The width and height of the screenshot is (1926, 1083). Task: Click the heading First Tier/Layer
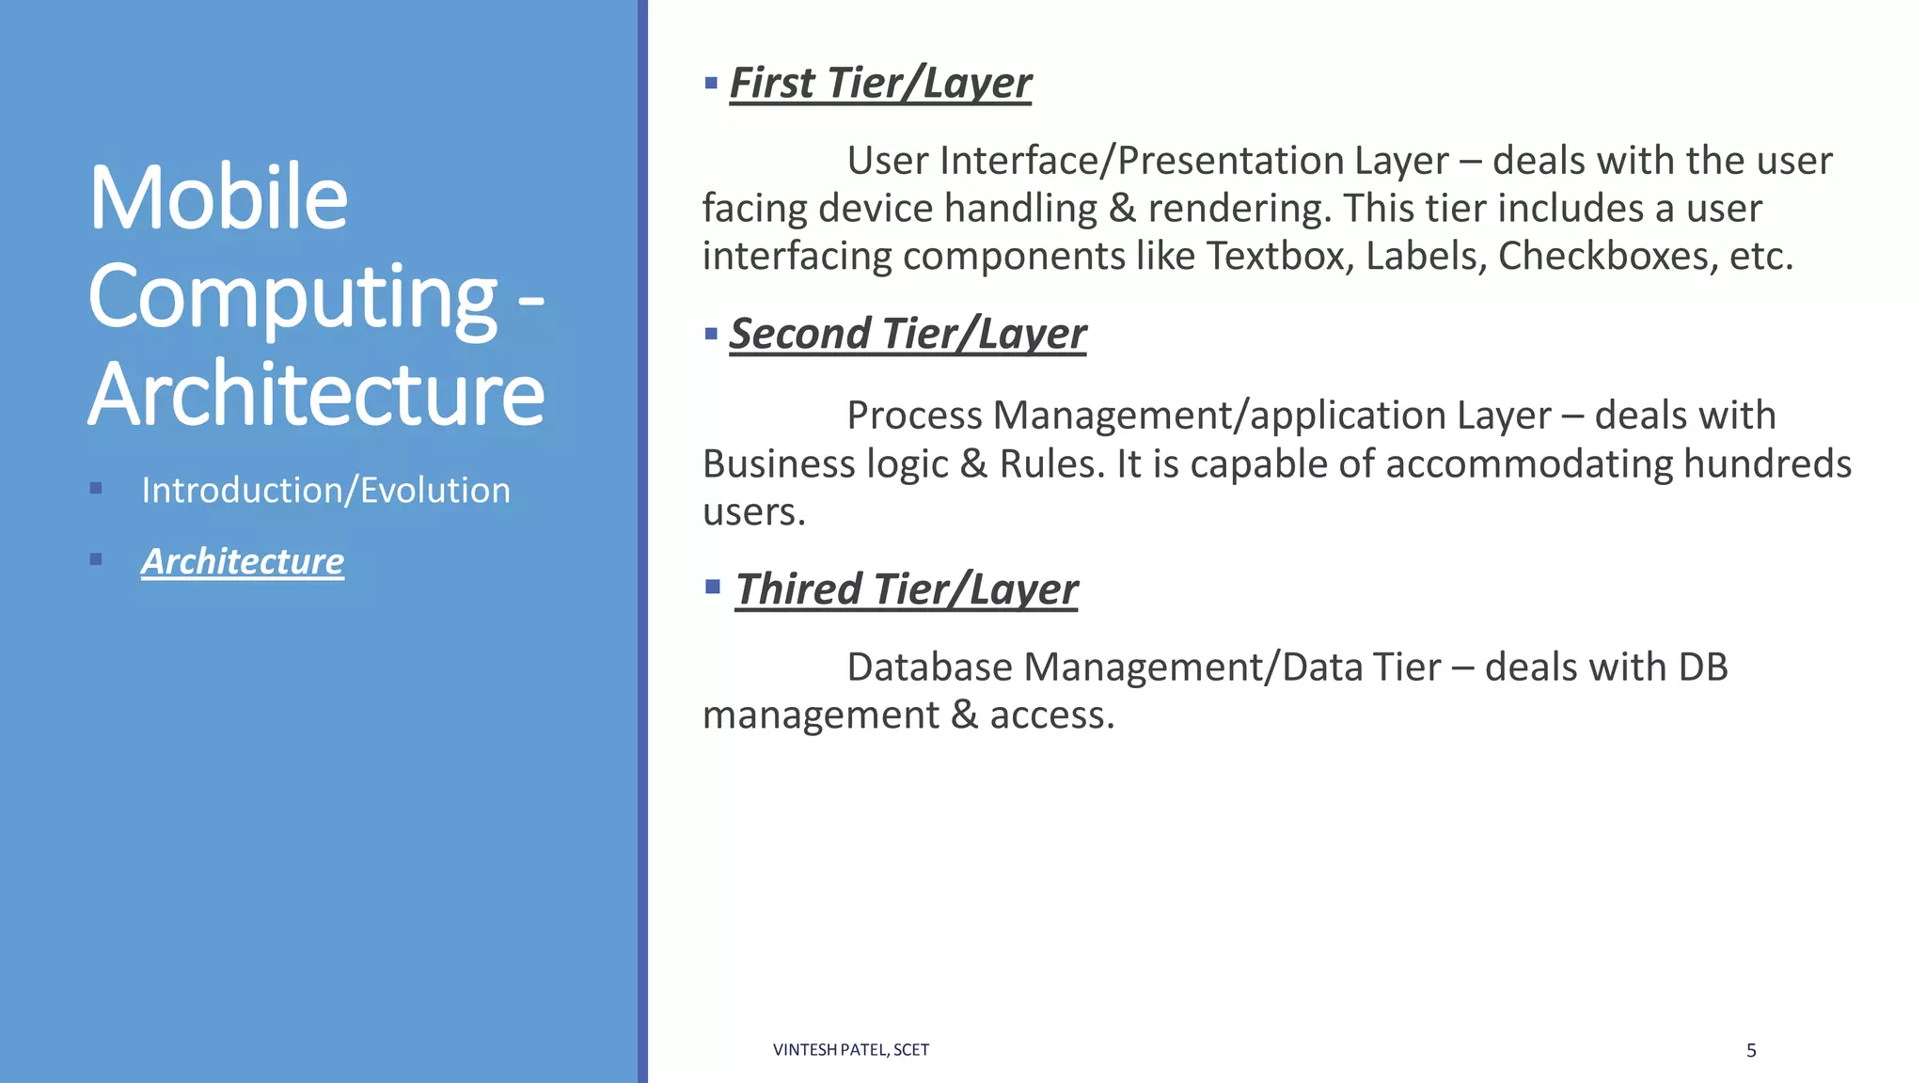[x=880, y=83]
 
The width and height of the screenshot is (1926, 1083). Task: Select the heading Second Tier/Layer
[x=908, y=334]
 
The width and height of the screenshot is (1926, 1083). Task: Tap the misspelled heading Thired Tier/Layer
[x=907, y=589]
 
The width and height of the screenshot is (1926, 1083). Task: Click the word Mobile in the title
[x=218, y=197]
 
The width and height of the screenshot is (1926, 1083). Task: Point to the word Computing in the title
[x=292, y=297]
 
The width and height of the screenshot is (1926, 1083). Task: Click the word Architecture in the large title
[x=316, y=393]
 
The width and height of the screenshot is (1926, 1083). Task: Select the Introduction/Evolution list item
[x=325, y=490]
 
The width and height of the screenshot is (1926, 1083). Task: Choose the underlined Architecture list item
[x=243, y=561]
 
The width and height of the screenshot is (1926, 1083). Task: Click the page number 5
[x=1751, y=1050]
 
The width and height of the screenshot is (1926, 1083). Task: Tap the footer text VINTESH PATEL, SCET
[x=850, y=1050]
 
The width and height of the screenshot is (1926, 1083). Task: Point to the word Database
[x=929, y=667]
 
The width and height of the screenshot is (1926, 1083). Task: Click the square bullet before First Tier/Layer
[x=711, y=84]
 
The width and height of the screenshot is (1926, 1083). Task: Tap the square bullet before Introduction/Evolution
[x=96, y=488]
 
